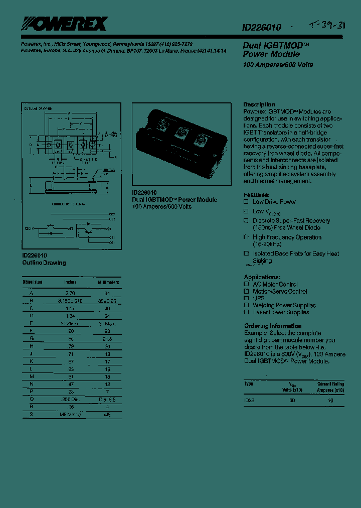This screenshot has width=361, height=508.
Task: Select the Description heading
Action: [259, 104]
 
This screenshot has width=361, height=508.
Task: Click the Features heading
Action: [256, 194]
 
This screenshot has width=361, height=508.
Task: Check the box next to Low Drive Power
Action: [246, 202]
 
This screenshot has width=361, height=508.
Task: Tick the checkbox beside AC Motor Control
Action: [246, 284]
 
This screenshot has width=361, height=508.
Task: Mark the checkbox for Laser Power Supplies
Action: [246, 312]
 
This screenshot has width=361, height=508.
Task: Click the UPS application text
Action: [259, 298]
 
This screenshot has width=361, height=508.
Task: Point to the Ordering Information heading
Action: [273, 326]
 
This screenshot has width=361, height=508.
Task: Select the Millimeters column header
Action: [108, 282]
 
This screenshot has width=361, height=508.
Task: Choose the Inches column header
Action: [70, 282]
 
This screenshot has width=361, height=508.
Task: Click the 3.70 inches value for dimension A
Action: [70, 292]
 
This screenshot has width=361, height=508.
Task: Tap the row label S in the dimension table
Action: [32, 415]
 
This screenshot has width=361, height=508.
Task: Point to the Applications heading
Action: [262, 277]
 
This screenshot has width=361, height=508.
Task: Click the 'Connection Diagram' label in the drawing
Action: [69, 204]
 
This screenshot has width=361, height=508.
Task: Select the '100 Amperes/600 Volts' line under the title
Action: [278, 65]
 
